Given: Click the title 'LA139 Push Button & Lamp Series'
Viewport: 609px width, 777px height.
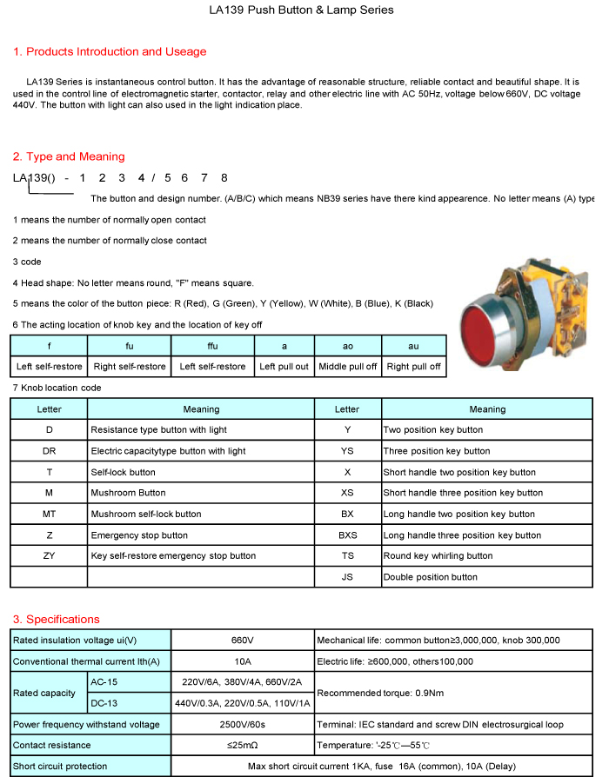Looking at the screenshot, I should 301,10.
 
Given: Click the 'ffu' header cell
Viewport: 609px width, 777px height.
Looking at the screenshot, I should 212,346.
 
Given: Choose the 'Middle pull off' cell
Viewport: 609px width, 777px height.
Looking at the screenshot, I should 347,367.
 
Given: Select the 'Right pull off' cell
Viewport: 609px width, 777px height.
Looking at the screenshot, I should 413,367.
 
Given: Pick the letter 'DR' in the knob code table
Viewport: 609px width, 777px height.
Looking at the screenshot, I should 49,451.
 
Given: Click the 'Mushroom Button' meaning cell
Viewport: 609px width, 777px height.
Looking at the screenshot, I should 128,493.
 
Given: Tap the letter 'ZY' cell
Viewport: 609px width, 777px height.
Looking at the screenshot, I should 49,556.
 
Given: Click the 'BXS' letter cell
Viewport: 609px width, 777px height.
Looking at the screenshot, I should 347,535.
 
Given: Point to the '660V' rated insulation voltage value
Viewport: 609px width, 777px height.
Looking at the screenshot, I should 242,641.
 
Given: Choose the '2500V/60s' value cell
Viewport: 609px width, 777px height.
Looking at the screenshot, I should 242,725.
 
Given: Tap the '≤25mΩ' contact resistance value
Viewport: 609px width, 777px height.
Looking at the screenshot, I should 242,746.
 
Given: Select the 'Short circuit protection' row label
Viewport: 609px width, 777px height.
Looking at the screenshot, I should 60,767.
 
